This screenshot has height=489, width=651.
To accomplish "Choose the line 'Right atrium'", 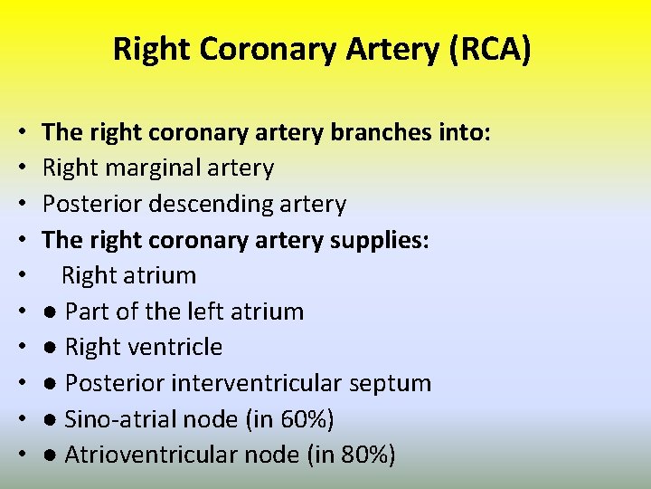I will [x=128, y=275].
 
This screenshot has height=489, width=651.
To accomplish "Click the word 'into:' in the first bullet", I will [x=462, y=133].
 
